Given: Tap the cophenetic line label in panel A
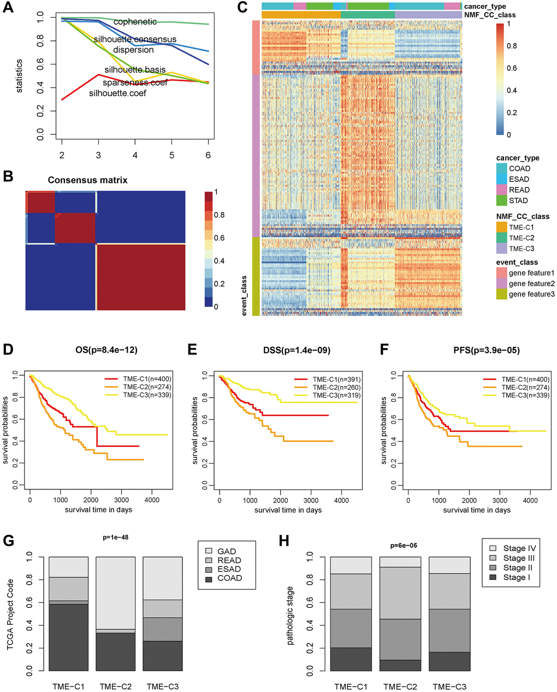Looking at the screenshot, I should tap(135, 22).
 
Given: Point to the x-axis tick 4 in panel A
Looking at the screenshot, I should tap(135, 156).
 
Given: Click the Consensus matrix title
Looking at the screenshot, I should tap(87, 180).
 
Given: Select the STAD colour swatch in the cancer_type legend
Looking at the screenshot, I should tap(502, 200).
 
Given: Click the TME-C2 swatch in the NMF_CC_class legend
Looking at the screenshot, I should tap(502, 238).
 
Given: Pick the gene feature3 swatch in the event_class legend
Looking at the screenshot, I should tap(502, 294).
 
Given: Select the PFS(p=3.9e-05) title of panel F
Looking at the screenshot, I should tap(484, 351).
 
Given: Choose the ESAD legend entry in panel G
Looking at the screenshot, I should tap(229, 569).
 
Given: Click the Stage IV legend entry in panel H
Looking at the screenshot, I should tap(519, 548).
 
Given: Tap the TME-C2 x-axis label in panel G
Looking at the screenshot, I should tap(116, 687).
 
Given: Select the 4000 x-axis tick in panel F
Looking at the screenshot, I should tap(530, 500).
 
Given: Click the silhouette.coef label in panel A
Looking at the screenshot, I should tap(117, 93).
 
